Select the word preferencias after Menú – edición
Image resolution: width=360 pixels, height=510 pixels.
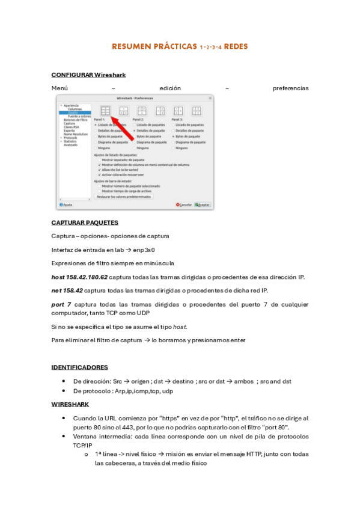tap(290, 88)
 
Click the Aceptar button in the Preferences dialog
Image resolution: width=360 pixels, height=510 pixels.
tap(202, 204)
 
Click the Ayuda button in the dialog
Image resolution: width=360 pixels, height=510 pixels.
tap(66, 204)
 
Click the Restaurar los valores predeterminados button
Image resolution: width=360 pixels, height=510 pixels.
tap(124, 197)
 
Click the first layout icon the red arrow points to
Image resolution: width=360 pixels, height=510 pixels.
tap(105, 111)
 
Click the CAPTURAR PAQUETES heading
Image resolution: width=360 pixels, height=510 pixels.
tap(85, 223)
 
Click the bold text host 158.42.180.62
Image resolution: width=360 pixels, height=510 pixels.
tap(79, 277)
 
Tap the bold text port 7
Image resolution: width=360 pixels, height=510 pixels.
tap(62, 304)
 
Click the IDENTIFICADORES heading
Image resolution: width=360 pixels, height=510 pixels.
tap(80, 367)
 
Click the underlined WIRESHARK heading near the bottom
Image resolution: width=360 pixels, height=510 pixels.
tap(71, 405)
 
